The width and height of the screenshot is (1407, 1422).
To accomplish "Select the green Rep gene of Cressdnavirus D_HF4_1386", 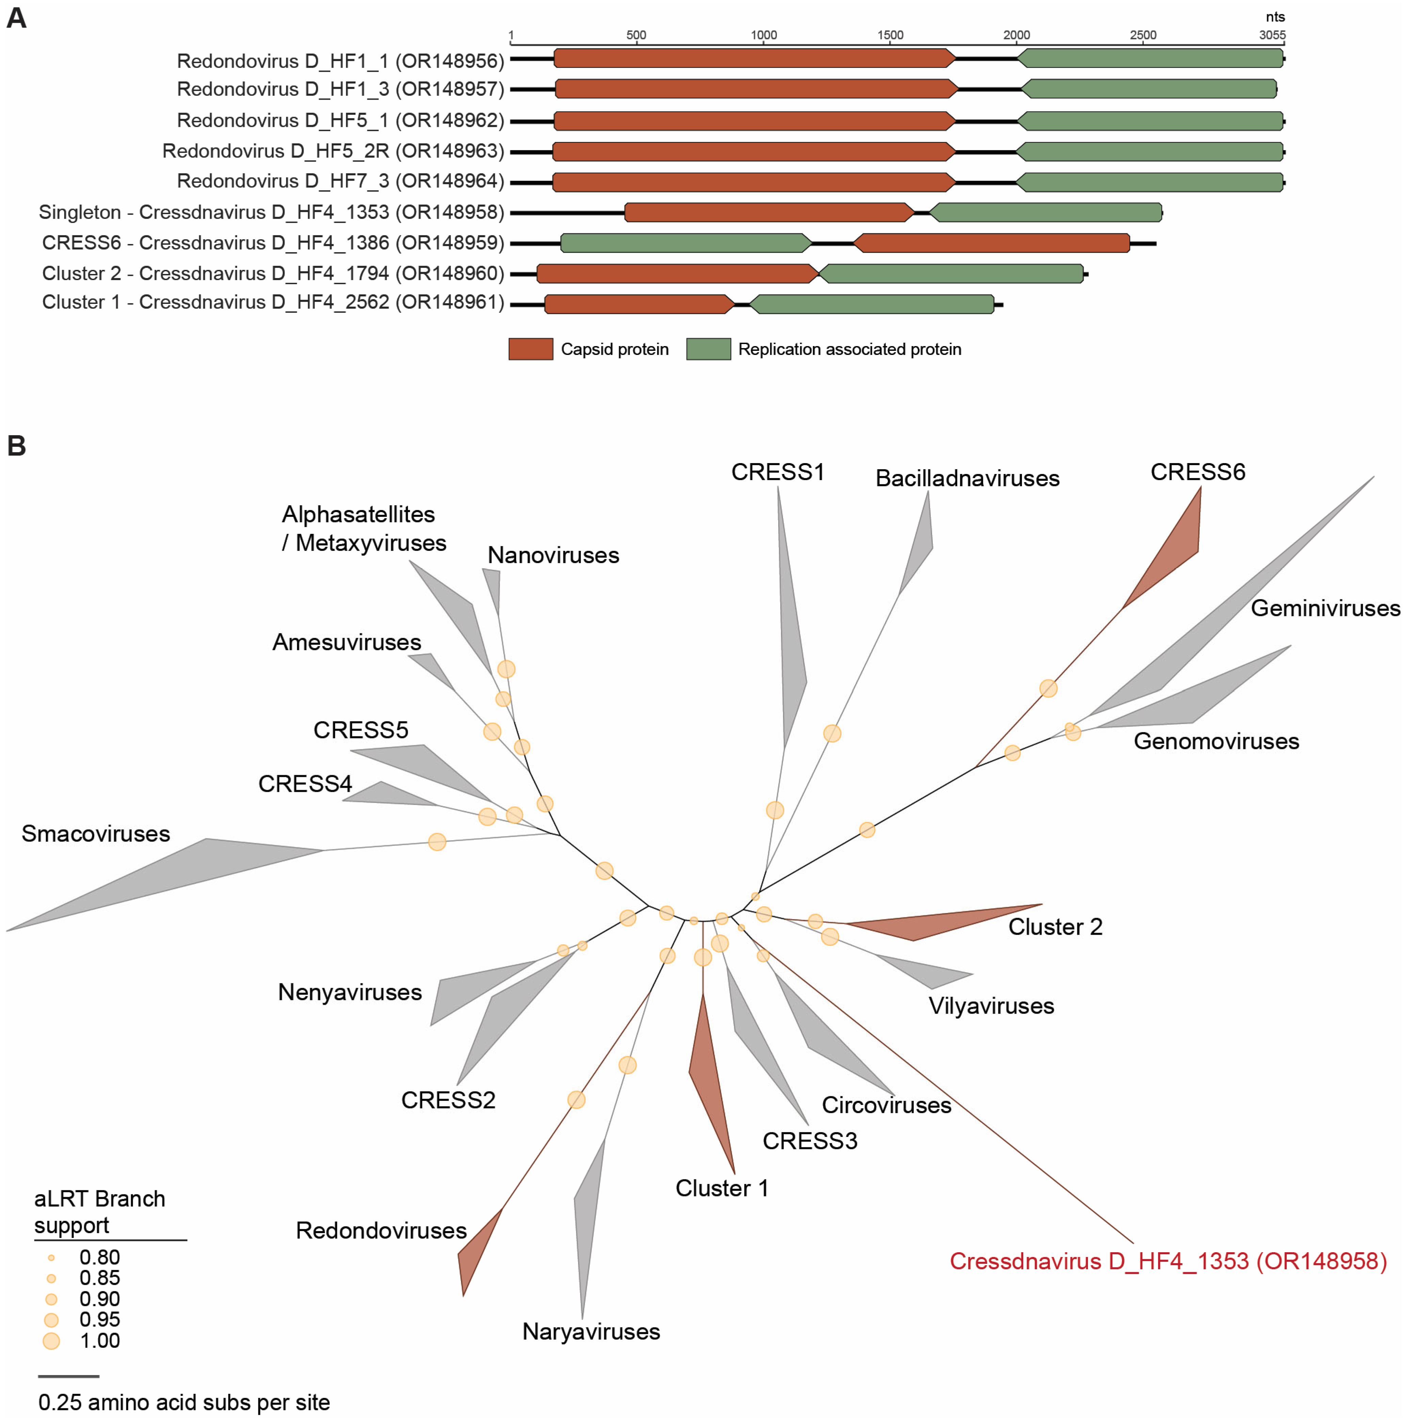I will (x=685, y=243).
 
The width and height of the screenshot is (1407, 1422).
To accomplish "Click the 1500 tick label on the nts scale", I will (x=890, y=35).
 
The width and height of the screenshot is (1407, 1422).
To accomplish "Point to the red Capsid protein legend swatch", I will (x=530, y=349).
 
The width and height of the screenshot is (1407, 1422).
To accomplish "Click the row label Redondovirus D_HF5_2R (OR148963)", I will (x=333, y=151).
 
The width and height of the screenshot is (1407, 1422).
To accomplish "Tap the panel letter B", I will (x=16, y=446).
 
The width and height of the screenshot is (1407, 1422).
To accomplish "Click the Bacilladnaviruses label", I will (x=967, y=478).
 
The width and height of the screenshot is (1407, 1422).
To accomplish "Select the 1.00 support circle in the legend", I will (x=51, y=1340).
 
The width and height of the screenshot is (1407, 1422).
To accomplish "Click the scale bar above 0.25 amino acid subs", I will (x=68, y=1375).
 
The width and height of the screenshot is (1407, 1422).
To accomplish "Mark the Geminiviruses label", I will (x=1325, y=608).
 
